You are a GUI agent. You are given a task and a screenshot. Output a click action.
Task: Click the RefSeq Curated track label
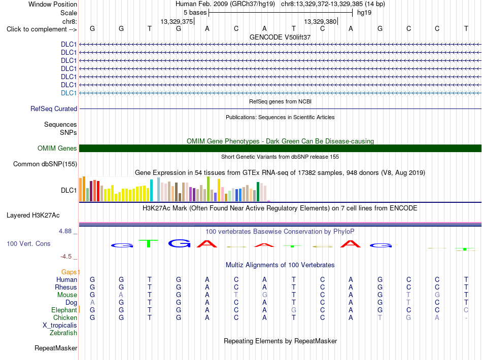pos(54,109)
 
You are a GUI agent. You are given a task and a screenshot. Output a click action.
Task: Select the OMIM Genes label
pos(57,149)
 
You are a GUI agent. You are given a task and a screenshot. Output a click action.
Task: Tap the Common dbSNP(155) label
pos(45,164)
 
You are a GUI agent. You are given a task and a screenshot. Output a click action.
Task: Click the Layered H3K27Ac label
pos(33,215)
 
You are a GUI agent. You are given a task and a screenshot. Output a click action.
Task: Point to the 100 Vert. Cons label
pos(28,243)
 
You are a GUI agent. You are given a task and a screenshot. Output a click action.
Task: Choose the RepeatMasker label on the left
pos(56,348)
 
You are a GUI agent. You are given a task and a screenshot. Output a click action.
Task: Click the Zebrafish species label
pos(63,333)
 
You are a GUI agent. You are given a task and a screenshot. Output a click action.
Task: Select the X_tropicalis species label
pos(60,326)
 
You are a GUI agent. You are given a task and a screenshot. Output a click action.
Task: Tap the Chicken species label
pos(65,317)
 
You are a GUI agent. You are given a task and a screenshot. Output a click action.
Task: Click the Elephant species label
pos(64,310)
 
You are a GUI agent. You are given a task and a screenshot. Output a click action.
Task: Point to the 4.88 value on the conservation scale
pos(65,231)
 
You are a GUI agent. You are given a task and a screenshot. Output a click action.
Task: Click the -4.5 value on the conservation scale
pos(66,257)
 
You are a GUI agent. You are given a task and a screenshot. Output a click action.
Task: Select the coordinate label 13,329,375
pos(177,21)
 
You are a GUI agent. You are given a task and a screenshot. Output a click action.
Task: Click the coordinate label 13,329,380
pos(320,21)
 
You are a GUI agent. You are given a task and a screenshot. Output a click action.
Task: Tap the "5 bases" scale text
pos(195,13)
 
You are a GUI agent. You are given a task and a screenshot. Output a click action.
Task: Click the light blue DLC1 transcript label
pos(68,93)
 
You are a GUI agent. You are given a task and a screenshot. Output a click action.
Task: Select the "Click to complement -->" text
pos(42,29)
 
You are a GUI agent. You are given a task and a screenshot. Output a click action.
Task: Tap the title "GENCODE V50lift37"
pos(280,37)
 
